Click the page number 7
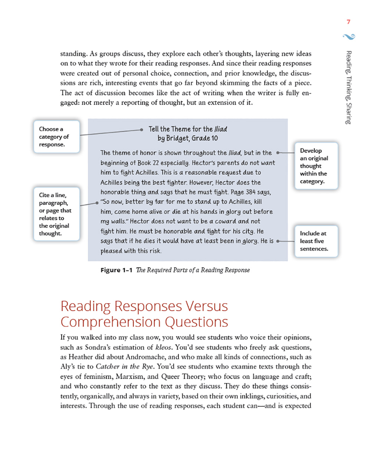pyautogui.click(x=348, y=22)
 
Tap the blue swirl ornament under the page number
pyautogui.click(x=349, y=36)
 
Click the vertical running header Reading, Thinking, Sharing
pyautogui.click(x=349, y=87)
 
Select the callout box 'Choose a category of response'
pyautogui.click(x=56, y=137)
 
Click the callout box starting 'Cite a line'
pyautogui.click(x=56, y=214)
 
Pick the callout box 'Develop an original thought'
pyautogui.click(x=316, y=166)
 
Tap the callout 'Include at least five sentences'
pyautogui.click(x=316, y=241)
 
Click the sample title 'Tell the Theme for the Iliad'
pyautogui.click(x=188, y=129)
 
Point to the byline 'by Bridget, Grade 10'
pyautogui.click(x=188, y=138)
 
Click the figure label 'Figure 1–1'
pyautogui.click(x=116, y=270)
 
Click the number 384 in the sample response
pyautogui.click(x=250, y=192)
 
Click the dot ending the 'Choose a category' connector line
pyautogui.click(x=141, y=130)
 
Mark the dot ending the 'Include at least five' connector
pyautogui.click(x=278, y=241)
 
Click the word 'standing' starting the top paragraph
pyautogui.click(x=73, y=54)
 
